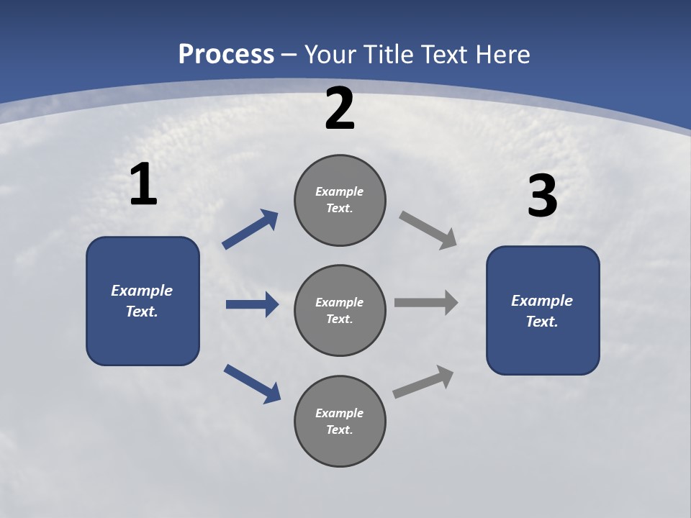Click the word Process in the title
coord(226,55)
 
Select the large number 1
coord(143,185)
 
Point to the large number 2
coord(340,109)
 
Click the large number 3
coord(542,196)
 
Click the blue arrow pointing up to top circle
coord(250,230)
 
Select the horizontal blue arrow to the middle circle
coord(252,304)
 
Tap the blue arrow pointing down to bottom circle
coord(252,383)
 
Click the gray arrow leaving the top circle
coord(428,230)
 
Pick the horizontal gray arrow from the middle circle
coord(425,302)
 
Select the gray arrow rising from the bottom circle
coord(423,382)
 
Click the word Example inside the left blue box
coord(142,291)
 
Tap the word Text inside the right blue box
coord(541,322)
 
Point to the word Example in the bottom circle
coord(339,413)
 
